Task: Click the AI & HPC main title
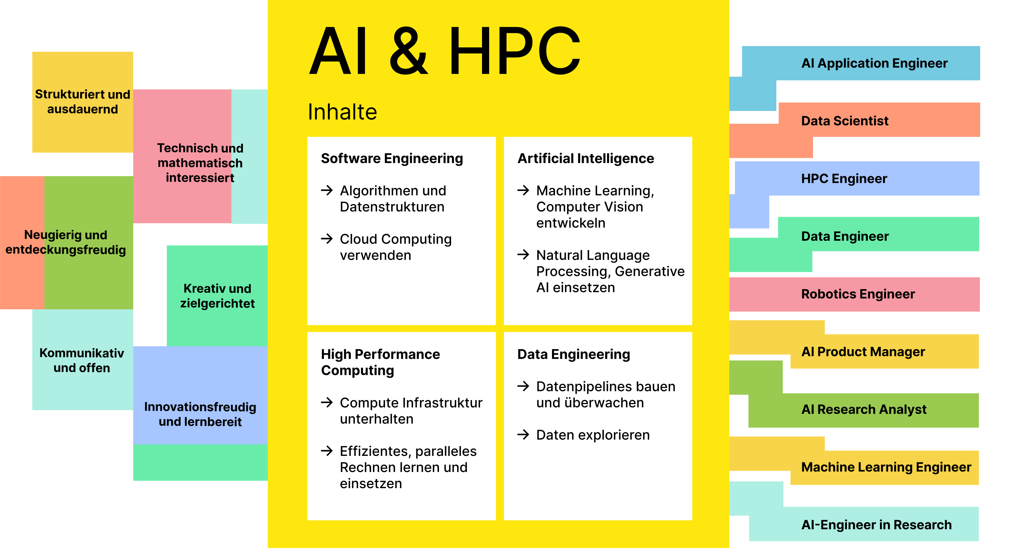[444, 50]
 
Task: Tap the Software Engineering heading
[392, 159]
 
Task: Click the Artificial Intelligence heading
[586, 158]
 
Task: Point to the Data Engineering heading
[574, 355]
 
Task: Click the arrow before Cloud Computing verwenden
[327, 239]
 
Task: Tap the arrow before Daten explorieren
[523, 435]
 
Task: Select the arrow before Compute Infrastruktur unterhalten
[327, 402]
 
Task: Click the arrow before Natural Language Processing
[523, 254]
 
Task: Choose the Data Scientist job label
[845, 121]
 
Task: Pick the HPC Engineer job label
[844, 179]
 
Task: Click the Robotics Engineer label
[858, 294]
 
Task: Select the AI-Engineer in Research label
[876, 525]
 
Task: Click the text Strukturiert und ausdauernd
[83, 102]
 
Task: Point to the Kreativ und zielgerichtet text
[217, 296]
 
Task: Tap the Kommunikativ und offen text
[82, 360]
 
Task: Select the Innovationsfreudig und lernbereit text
[200, 414]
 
